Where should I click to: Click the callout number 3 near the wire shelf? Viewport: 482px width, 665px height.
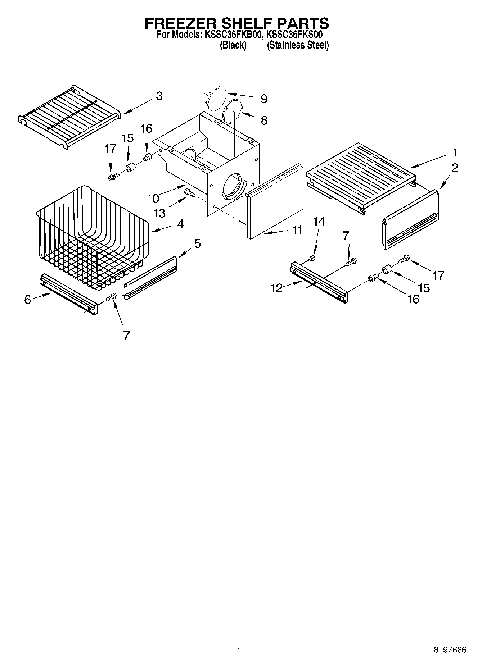pyautogui.click(x=159, y=96)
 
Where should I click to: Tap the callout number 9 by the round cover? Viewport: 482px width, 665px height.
pyautogui.click(x=264, y=99)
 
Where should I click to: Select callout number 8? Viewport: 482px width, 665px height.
pyautogui.click(x=264, y=120)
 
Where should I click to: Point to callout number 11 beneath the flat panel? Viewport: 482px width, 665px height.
pyautogui.click(x=297, y=229)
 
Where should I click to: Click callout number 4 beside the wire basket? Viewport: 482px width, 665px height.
pyautogui.click(x=180, y=224)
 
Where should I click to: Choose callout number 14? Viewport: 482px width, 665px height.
pyautogui.click(x=319, y=222)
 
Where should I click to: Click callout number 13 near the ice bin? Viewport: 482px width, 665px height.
pyautogui.click(x=159, y=213)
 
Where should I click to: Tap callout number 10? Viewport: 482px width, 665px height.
pyautogui.click(x=153, y=198)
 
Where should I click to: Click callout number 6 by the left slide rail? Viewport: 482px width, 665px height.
pyautogui.click(x=28, y=300)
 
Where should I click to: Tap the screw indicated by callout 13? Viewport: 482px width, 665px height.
pyautogui.click(x=190, y=193)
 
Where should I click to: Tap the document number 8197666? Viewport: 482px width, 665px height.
pyautogui.click(x=450, y=650)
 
